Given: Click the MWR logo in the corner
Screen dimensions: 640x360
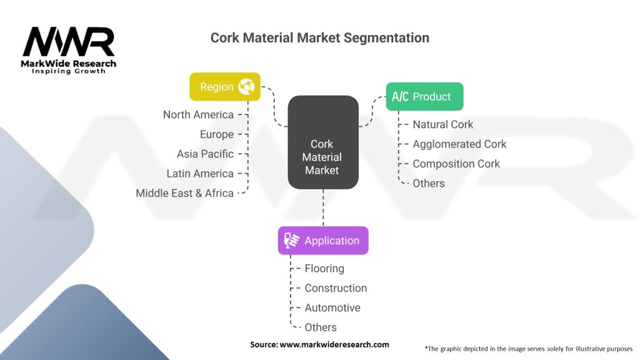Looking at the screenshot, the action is pyautogui.click(x=69, y=50).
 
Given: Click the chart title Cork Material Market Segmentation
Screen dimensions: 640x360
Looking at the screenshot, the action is pyautogui.click(x=319, y=38).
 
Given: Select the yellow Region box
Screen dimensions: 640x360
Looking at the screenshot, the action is pyautogui.click(x=225, y=86).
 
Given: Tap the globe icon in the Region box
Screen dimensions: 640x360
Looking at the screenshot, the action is pyautogui.click(x=246, y=86).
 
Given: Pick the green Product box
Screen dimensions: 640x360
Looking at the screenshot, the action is pyautogui.click(x=424, y=96).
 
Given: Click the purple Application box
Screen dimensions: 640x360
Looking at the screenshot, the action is pyautogui.click(x=323, y=241).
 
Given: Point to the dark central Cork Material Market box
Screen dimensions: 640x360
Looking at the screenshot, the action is pyautogui.click(x=323, y=142).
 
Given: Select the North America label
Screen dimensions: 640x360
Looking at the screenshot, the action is pyautogui.click(x=198, y=115).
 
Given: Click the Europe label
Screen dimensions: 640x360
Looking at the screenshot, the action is pyautogui.click(x=217, y=134).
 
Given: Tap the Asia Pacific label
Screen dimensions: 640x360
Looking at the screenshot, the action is pyautogui.click(x=205, y=154).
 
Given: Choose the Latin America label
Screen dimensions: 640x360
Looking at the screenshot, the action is pyautogui.click(x=200, y=174).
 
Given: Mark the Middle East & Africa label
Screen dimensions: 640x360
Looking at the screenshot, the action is pyautogui.click(x=184, y=193).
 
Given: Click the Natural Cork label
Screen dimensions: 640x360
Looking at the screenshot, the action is pyautogui.click(x=443, y=124).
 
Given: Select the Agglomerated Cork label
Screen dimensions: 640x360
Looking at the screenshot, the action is pyautogui.click(x=459, y=144).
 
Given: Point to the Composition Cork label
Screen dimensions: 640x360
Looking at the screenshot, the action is pyautogui.click(x=456, y=164).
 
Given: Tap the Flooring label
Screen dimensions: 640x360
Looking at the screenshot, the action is pyautogui.click(x=324, y=269).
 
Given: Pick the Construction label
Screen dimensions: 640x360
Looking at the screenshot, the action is pyautogui.click(x=336, y=288).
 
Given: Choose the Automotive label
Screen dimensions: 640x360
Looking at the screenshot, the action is pyautogui.click(x=332, y=307).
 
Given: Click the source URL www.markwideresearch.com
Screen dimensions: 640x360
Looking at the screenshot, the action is pyautogui.click(x=334, y=344).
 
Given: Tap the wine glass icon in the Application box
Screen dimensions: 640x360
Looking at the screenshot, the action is pyautogui.click(x=291, y=241).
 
